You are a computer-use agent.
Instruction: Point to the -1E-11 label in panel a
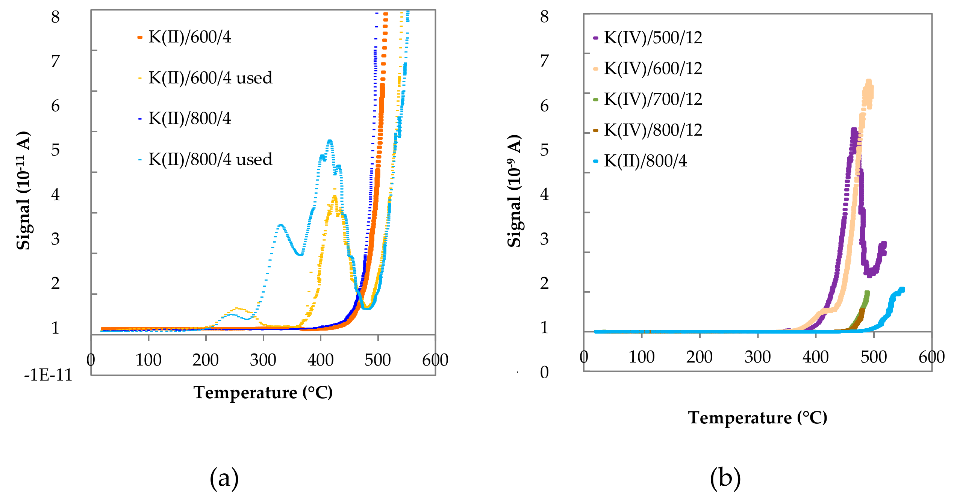click(x=48, y=375)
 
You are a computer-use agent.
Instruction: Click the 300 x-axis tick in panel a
click(x=263, y=360)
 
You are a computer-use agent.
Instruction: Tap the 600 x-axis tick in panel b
click(x=931, y=357)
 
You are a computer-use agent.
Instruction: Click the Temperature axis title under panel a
click(x=263, y=393)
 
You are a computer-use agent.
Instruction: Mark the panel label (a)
click(x=224, y=478)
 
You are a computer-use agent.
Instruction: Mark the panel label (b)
click(x=725, y=478)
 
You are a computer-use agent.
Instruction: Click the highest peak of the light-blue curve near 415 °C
click(x=330, y=141)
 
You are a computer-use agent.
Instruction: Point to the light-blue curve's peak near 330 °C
click(x=280, y=225)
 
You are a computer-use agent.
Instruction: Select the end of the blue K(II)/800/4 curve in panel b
click(x=902, y=289)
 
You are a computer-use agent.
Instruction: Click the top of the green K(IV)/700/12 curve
click(x=867, y=292)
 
